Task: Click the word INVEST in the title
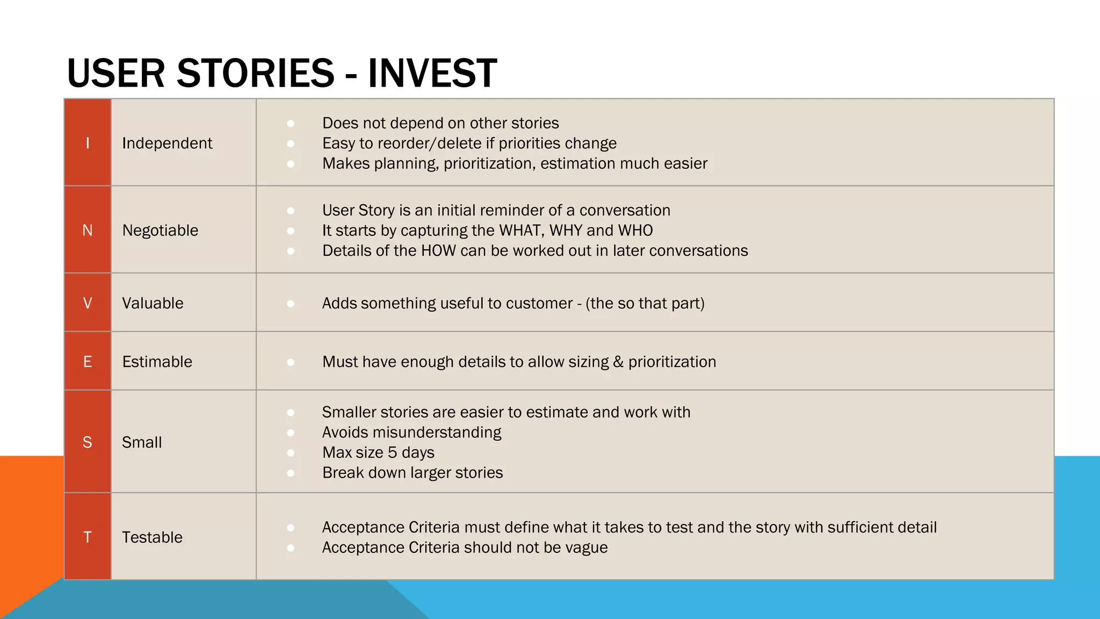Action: tap(432, 74)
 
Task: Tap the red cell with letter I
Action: tap(88, 143)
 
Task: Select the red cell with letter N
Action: tap(88, 230)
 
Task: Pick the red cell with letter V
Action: tap(88, 303)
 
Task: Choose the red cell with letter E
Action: tap(88, 362)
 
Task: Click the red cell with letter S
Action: tap(88, 442)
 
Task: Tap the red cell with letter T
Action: tap(88, 537)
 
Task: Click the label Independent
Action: tap(167, 143)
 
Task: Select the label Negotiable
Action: tap(160, 230)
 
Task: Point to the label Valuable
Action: tap(153, 303)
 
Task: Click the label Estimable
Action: tap(157, 362)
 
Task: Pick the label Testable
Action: tap(152, 537)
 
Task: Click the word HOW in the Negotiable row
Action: tap(438, 250)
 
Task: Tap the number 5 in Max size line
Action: tap(392, 452)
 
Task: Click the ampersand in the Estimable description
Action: tap(618, 362)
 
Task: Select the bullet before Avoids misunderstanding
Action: tap(291, 433)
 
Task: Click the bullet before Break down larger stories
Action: tap(291, 473)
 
